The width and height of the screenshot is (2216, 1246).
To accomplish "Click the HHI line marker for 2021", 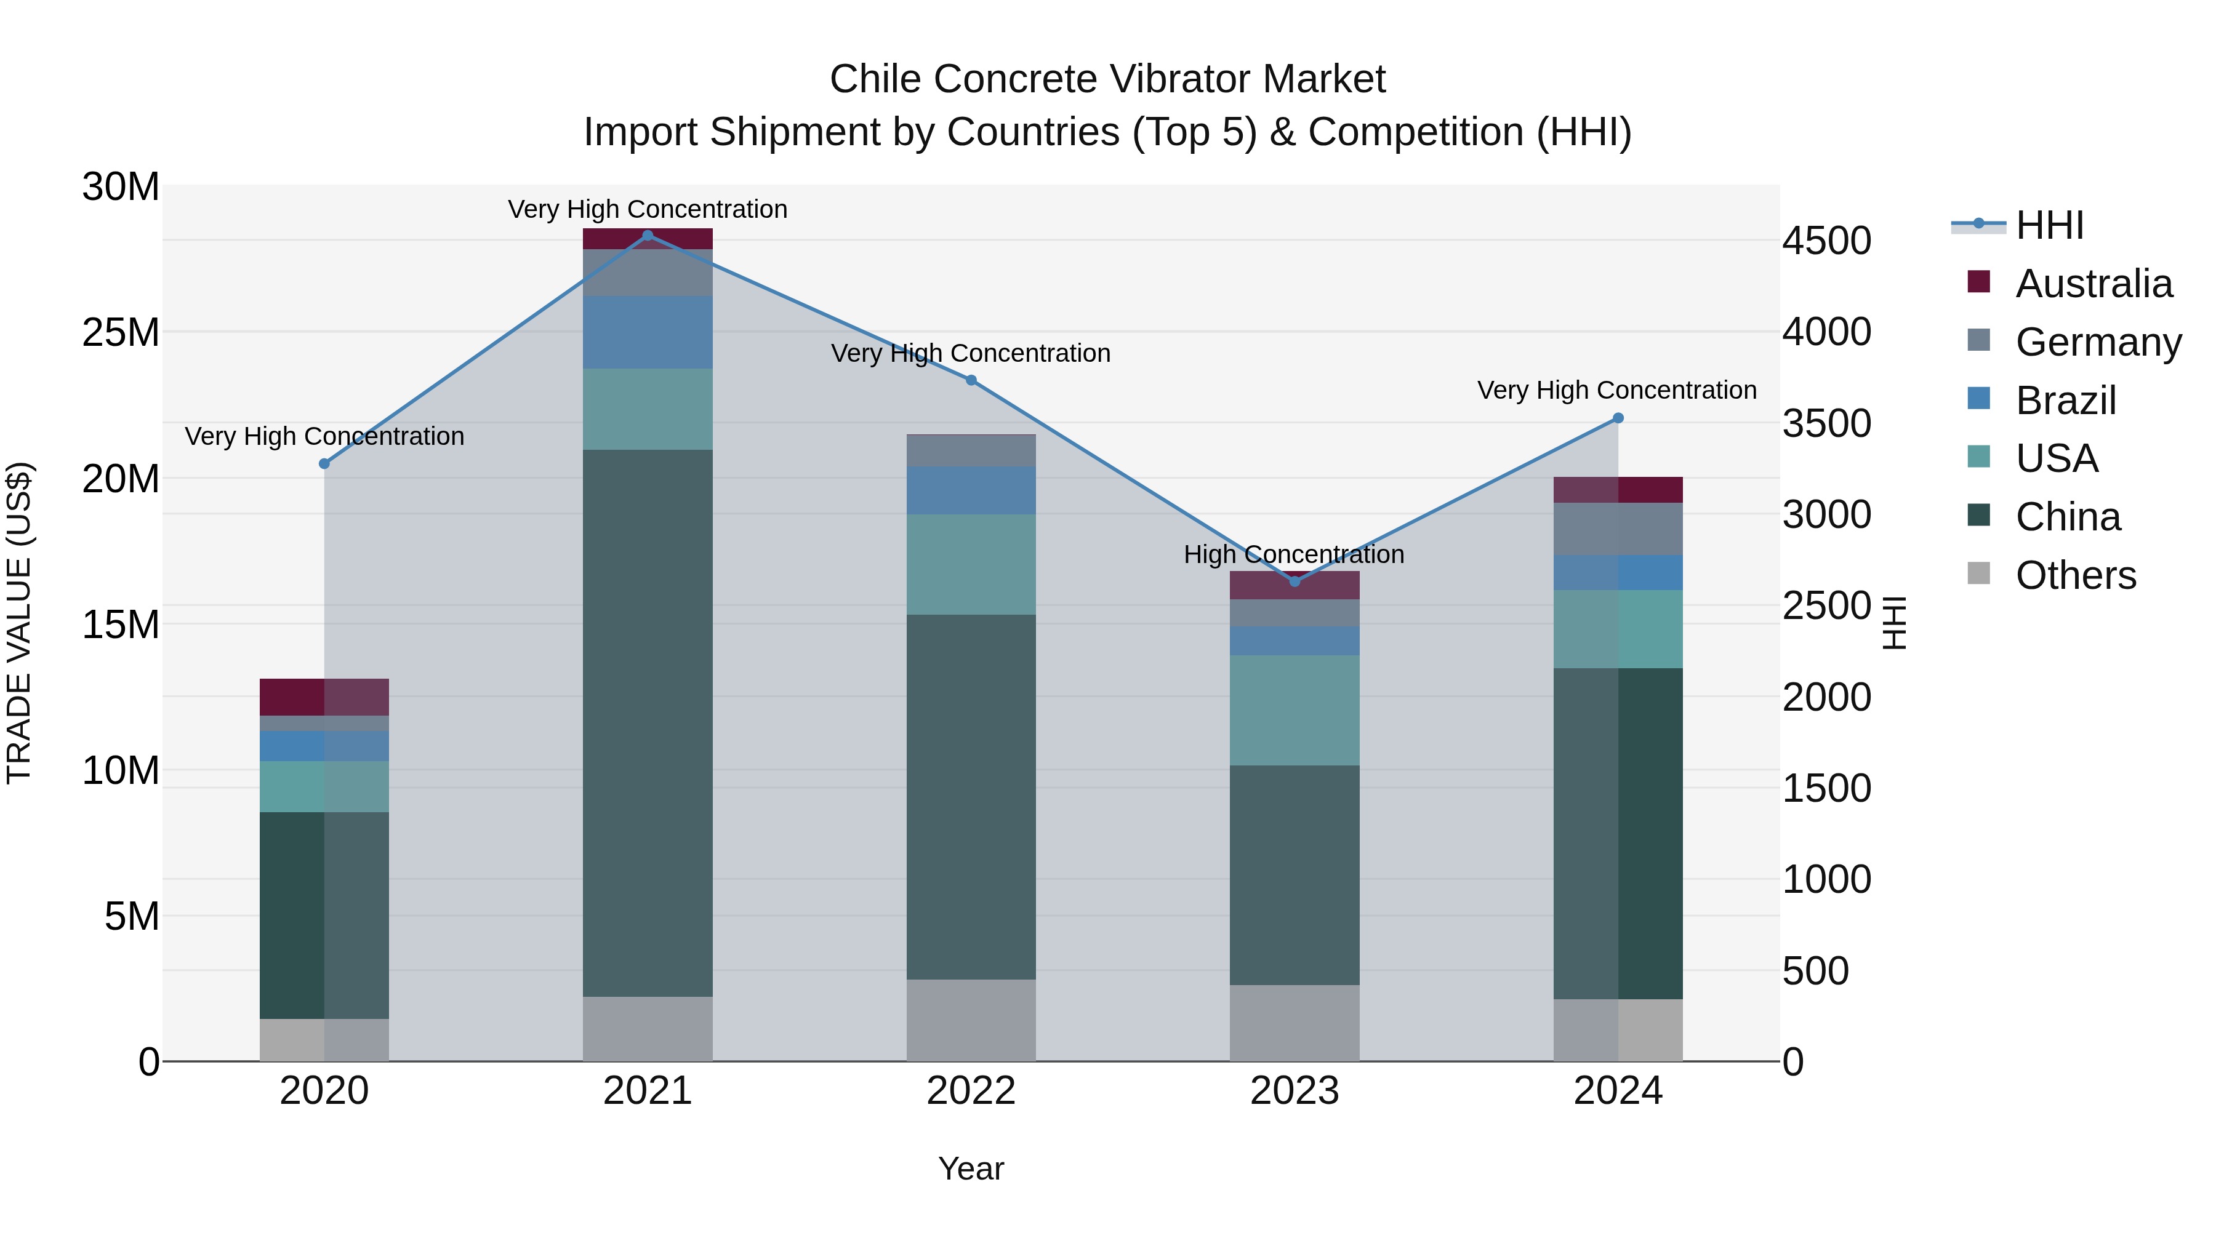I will click(x=648, y=236).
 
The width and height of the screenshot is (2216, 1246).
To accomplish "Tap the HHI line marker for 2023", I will click(x=1295, y=581).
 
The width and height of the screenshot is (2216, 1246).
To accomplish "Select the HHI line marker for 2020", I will click(x=324, y=463).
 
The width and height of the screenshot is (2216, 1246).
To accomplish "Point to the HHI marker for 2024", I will click(x=1618, y=418).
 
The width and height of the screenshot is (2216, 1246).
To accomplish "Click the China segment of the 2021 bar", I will click(x=648, y=722).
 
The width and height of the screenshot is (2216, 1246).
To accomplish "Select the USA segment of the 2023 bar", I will click(x=1295, y=710).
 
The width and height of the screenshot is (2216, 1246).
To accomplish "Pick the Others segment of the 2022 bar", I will click(x=971, y=1020).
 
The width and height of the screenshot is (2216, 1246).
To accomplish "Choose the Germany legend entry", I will click(x=2097, y=342).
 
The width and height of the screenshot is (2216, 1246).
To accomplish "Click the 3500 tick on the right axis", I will click(x=1826, y=423).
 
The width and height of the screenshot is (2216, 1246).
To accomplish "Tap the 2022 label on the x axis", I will click(x=971, y=1091).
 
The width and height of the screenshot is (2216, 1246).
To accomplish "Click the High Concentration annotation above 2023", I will click(x=1294, y=554).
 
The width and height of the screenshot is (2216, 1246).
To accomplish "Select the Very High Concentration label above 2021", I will click(x=648, y=209).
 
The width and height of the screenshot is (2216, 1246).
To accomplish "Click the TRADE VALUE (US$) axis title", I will click(x=19, y=623).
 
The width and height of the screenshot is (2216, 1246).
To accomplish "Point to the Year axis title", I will click(x=971, y=1168).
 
